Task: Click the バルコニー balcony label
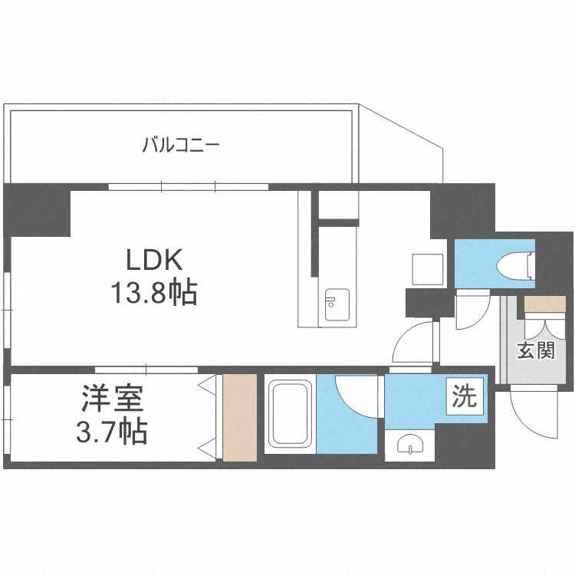point(182,143)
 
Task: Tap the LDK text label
point(154,261)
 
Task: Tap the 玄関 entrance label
point(535,352)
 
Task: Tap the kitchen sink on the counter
point(335,304)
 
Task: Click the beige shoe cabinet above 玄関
point(545,304)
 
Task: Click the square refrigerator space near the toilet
point(425,269)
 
